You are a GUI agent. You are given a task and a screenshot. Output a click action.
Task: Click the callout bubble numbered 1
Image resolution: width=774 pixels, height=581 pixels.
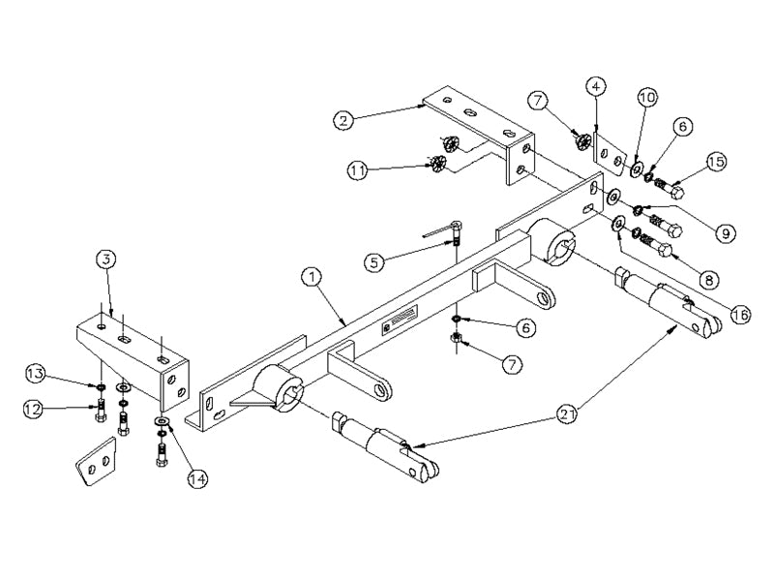coord(312,278)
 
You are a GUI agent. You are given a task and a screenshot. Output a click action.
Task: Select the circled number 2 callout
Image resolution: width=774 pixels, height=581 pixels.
coord(343,120)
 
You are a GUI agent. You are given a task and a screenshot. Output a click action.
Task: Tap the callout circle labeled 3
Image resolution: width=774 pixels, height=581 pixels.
coord(106,259)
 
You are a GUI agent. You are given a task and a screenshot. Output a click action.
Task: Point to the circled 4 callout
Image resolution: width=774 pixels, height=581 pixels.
coord(596,86)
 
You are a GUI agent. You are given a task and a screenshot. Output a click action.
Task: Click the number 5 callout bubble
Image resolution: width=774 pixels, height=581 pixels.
coord(375,262)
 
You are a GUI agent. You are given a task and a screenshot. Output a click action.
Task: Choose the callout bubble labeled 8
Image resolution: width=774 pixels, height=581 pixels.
coord(709,281)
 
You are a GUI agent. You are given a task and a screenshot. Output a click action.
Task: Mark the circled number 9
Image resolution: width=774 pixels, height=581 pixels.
coord(726,232)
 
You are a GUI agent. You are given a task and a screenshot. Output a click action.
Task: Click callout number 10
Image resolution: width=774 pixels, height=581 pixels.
coord(647,98)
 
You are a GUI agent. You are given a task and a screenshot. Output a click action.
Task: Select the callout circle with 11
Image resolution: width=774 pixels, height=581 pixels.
coord(358,171)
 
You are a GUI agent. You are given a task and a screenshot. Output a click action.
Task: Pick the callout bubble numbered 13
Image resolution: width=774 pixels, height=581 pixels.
coord(37,375)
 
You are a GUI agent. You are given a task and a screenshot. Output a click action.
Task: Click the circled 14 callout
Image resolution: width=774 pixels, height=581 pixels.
coord(197,477)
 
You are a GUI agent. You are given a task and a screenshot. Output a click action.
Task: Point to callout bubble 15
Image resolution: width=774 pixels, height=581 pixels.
coord(716,162)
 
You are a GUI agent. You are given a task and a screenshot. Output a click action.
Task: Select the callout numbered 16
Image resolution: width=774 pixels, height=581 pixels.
coord(740,314)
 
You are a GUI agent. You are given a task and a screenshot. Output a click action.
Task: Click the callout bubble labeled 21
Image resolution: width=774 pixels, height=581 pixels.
coord(566,414)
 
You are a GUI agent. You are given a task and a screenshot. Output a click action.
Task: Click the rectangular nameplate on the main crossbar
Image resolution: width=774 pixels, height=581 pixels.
coord(400,321)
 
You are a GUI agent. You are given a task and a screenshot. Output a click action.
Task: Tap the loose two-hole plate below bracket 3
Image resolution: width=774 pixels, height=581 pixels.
coord(96,461)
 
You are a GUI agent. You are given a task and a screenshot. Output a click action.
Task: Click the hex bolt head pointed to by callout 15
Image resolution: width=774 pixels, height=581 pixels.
coord(677,191)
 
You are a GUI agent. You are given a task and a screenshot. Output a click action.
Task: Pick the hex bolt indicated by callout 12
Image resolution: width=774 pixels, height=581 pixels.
coord(100,411)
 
